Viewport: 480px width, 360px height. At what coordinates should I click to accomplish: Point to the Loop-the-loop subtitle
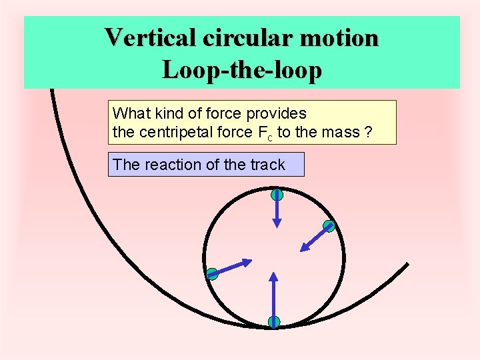click(241, 69)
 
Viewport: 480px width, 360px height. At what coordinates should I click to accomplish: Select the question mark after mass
click(368, 132)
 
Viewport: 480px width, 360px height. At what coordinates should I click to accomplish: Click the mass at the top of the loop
click(277, 195)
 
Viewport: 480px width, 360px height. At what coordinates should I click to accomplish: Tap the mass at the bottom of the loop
click(273, 322)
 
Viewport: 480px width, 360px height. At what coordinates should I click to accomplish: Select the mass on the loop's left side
click(212, 273)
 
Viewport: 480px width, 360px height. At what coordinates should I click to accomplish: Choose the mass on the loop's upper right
click(329, 226)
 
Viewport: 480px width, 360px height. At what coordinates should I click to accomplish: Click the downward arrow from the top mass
click(277, 212)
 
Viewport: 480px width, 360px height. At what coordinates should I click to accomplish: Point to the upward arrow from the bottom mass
click(273, 297)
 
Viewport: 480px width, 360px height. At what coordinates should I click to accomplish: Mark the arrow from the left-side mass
click(232, 266)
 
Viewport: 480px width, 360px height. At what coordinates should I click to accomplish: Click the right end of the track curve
click(407, 264)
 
